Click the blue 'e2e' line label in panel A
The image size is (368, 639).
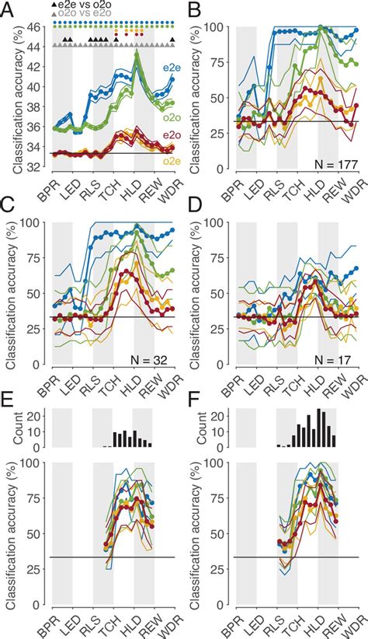point(168,68)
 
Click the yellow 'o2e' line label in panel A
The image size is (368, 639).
point(168,161)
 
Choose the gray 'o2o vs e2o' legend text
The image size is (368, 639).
point(85,15)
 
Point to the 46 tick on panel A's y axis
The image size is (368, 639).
point(36,27)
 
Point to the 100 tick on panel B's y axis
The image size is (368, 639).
point(220,27)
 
